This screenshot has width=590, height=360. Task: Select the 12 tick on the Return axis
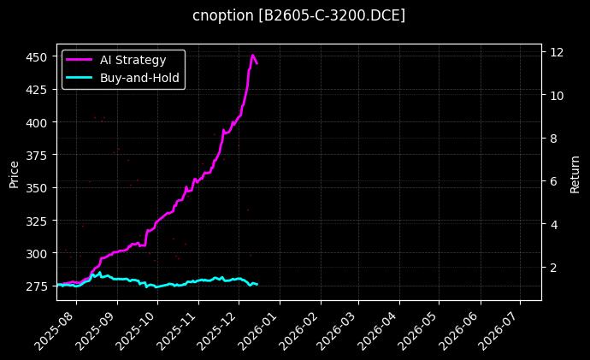click(x=556, y=52)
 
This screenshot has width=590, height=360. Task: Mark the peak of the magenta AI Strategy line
click(x=253, y=56)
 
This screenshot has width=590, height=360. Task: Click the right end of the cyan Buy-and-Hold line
click(x=257, y=284)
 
